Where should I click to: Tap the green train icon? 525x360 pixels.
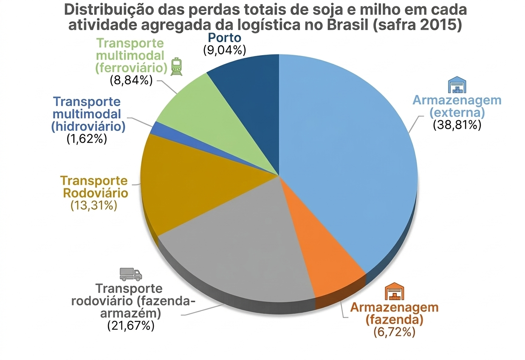176,67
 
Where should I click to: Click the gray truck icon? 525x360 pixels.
130,274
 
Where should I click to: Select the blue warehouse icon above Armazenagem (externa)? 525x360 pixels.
457,85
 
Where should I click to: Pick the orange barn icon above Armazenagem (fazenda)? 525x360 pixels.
395,292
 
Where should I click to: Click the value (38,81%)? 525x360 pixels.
457,125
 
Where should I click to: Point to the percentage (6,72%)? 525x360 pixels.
394,332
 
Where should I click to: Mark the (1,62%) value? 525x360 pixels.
87,138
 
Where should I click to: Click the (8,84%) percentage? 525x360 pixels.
131,79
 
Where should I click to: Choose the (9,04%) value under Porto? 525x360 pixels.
224,50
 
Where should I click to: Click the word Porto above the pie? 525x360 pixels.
224,38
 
